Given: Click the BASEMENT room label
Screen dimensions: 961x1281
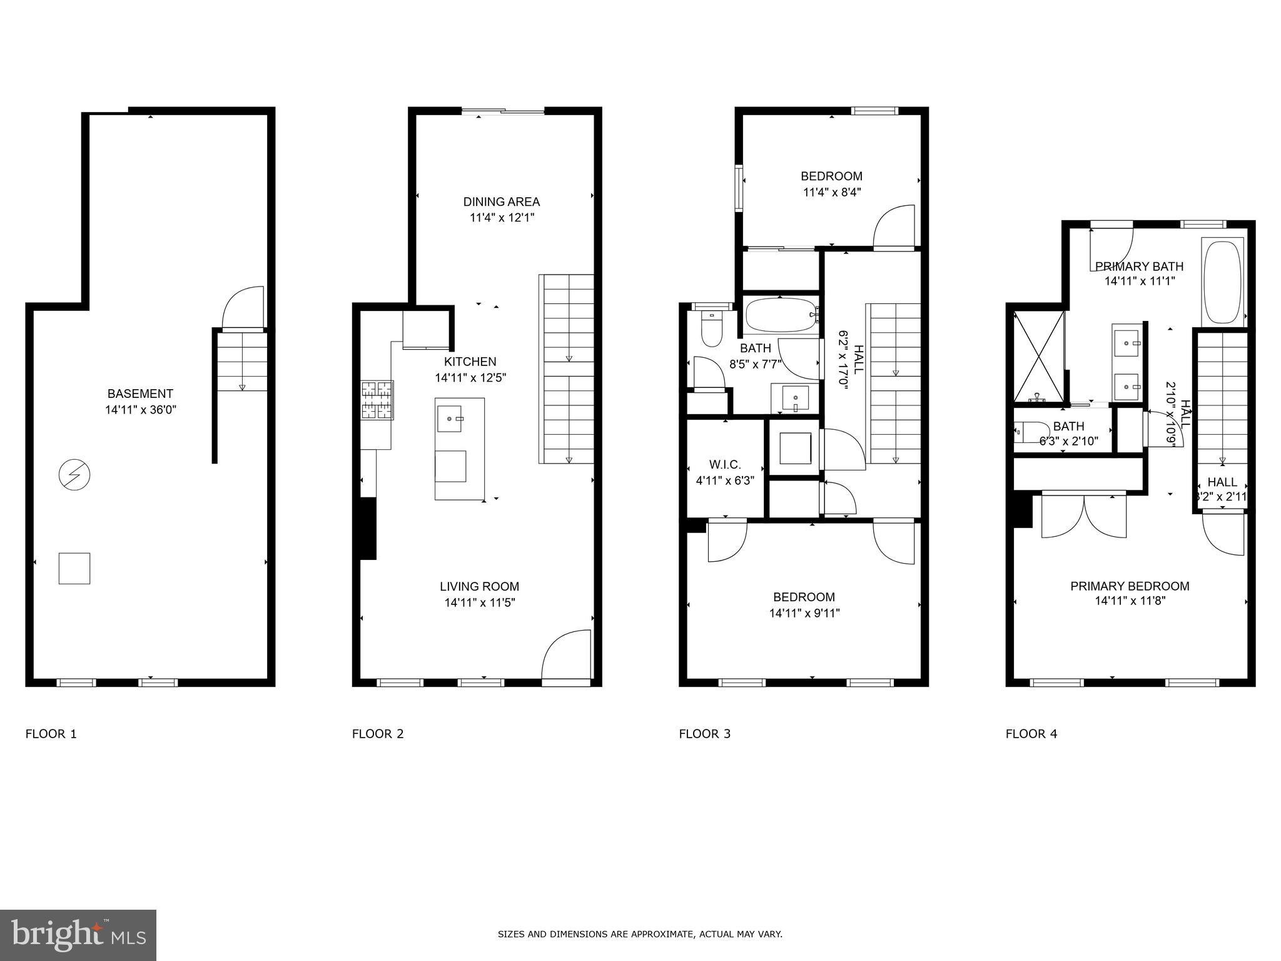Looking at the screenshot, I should click(x=139, y=394).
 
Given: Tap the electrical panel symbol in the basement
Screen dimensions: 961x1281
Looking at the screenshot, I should click(x=74, y=475).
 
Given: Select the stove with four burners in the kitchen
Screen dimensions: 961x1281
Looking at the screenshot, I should click(x=377, y=400).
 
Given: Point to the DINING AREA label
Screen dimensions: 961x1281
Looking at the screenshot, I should click(x=501, y=201).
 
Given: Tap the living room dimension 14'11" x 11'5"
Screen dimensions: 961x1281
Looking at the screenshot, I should click(x=479, y=603).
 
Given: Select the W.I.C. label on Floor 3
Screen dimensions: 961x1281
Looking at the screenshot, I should click(x=725, y=465).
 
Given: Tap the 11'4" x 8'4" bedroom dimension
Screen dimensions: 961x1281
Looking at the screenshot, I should click(x=832, y=192).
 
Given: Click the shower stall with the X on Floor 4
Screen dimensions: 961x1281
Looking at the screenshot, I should click(x=1038, y=357).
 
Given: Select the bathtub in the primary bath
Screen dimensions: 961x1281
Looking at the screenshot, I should click(x=1222, y=281).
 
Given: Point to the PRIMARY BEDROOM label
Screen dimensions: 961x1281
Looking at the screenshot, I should click(x=1130, y=586).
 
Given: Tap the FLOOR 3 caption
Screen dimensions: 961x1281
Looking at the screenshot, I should click(x=704, y=734).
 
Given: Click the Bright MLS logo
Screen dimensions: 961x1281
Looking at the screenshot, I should click(x=78, y=935).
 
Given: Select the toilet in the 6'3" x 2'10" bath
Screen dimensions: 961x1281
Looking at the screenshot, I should click(x=1024, y=431).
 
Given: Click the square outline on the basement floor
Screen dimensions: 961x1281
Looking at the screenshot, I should click(x=74, y=568).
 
